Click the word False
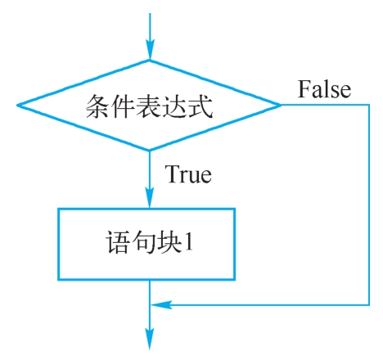coord(324,89)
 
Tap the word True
coord(188,173)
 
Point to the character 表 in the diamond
coord(150,106)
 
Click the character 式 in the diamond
coord(200,106)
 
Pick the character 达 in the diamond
coord(175,106)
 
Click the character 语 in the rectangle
coord(117,242)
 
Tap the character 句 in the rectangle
coord(143,242)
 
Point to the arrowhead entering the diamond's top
coord(150,50)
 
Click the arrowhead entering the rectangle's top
coord(150,197)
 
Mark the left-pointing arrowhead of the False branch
coord(161,304)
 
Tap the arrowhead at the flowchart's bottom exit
coord(150,339)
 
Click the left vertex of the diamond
coord(17,105)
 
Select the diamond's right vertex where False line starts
coord(281,105)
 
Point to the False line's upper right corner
coord(369,105)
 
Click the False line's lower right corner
coord(369,304)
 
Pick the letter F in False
coord(304,88)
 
